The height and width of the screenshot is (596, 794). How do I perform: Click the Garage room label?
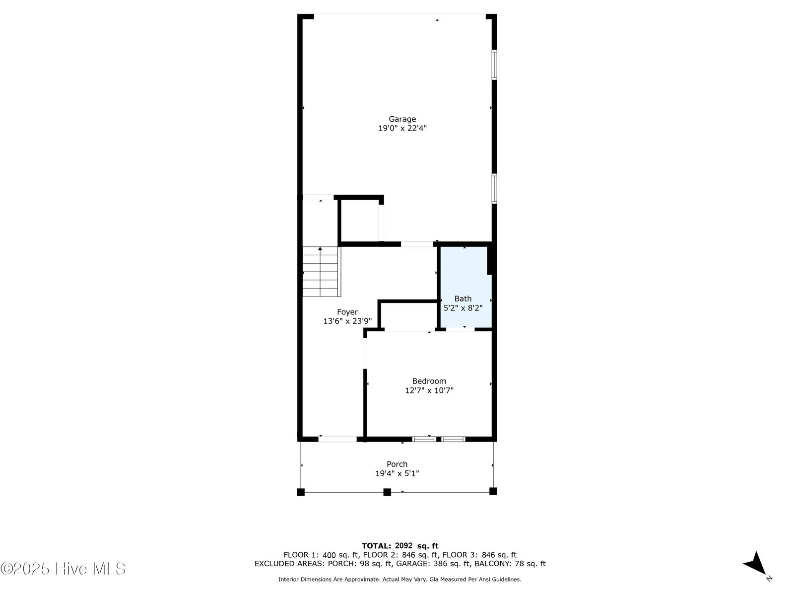(x=402, y=119)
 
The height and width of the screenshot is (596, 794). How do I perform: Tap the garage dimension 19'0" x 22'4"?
(x=402, y=128)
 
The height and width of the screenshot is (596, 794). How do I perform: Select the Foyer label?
(x=347, y=312)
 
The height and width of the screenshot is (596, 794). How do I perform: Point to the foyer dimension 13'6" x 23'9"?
(x=347, y=321)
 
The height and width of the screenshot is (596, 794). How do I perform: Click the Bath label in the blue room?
(x=463, y=298)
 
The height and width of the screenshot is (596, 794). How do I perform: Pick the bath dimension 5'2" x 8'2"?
(x=463, y=308)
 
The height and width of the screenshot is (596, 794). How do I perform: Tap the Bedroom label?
(x=429, y=381)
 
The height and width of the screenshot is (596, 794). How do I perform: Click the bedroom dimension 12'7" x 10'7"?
(x=429, y=390)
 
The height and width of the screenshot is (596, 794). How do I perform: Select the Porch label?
(x=397, y=464)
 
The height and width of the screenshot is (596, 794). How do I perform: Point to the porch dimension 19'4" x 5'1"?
(x=397, y=473)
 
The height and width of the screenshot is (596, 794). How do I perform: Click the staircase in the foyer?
(x=321, y=272)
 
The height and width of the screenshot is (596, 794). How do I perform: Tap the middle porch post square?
(x=387, y=492)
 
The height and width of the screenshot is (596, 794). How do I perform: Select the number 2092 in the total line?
(x=403, y=546)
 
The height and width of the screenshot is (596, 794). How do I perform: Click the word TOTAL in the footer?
(x=376, y=546)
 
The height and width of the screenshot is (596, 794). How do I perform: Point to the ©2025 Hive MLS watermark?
(x=63, y=569)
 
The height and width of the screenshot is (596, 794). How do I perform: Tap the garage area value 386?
(x=441, y=563)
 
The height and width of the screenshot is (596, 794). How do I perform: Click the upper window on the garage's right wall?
(x=494, y=65)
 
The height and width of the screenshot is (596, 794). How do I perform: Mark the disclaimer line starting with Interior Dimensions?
(x=399, y=579)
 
